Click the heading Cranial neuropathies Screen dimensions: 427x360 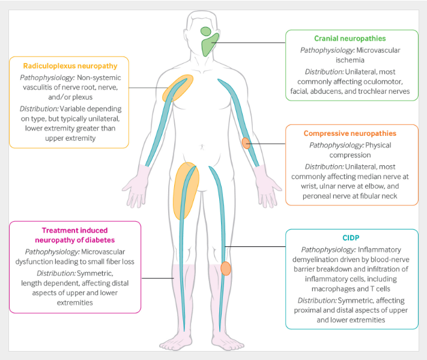pos(350,38)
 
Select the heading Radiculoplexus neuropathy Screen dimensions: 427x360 pos(70,66)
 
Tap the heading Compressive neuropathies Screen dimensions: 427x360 pos(350,133)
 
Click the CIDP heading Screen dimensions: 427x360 pos(351,238)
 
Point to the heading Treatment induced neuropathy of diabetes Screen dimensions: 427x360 pos(75,235)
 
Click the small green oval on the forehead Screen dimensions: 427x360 pos(206,31)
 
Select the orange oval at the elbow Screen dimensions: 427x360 pos(246,143)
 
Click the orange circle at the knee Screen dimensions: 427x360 pos(226,269)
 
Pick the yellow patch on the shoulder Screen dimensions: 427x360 pos(178,88)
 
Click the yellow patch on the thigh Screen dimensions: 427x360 pos(186,191)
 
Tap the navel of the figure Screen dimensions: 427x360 pos(202,147)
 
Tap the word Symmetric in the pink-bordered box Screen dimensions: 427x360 pos(95,273)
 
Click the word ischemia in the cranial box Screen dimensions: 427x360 pos(350,60)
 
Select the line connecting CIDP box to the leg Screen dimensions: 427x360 pos(255,246)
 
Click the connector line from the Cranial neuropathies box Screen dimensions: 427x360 pos(249,43)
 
